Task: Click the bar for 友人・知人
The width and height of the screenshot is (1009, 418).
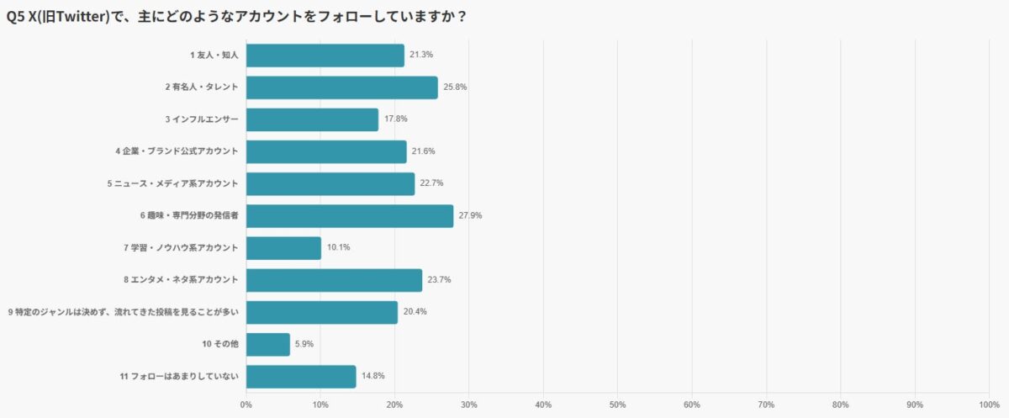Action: click(x=325, y=56)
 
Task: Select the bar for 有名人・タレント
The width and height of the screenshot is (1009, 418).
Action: click(x=341, y=87)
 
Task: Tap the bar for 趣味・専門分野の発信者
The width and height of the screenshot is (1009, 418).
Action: click(x=349, y=216)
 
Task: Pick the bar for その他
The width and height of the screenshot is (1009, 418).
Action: click(x=268, y=344)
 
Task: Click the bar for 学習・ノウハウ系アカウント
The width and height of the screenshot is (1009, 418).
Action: click(x=283, y=248)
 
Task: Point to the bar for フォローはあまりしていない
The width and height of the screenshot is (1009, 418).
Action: click(x=301, y=376)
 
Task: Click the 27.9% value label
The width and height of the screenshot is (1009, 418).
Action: click(x=471, y=216)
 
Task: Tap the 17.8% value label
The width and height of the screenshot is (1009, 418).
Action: click(x=396, y=119)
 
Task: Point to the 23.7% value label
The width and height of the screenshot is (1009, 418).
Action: click(x=440, y=280)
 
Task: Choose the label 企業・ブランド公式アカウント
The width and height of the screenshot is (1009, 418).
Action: click(x=177, y=151)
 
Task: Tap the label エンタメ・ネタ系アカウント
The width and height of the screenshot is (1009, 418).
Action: click(x=181, y=280)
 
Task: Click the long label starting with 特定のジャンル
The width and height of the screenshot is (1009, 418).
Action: click(x=124, y=312)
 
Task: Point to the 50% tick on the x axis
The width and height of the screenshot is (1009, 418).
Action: click(x=617, y=405)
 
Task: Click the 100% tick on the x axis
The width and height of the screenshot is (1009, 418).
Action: click(x=989, y=405)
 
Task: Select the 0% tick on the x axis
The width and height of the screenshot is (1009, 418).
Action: click(x=246, y=405)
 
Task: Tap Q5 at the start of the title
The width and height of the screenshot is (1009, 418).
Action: click(x=15, y=16)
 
